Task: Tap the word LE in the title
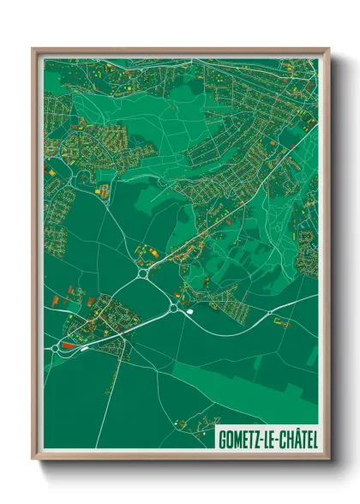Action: coord(269,438)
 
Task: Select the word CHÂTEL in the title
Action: coord(297,438)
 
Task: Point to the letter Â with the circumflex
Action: coord(294,437)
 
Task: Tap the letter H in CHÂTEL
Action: coord(286,438)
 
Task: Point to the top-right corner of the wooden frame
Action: coord(328,50)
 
